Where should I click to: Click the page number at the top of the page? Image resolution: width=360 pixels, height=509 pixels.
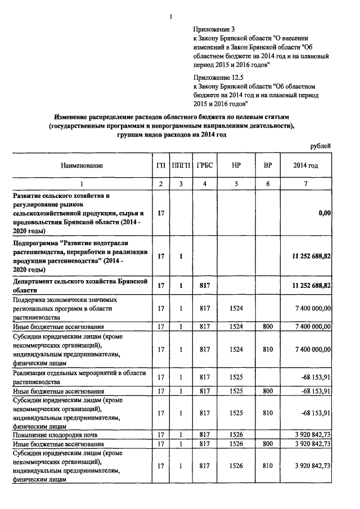pos(170,17)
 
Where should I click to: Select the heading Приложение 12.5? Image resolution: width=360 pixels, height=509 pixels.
pos(217,78)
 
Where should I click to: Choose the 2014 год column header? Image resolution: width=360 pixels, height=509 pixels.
pos(305,166)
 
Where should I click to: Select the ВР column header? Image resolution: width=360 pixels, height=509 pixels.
pos(267,166)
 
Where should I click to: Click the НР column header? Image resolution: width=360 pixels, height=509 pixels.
pos(236,166)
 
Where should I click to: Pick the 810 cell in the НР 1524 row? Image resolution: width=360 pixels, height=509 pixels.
pos(267,349)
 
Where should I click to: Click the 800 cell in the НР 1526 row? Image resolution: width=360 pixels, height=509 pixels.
pos(267,444)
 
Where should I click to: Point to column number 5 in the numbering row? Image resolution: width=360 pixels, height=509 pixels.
pos(236,184)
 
